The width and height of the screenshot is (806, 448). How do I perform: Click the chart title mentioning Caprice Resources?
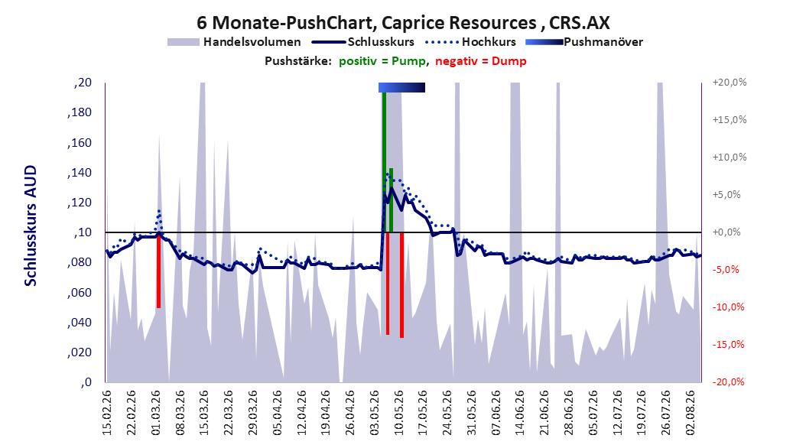click(x=403, y=23)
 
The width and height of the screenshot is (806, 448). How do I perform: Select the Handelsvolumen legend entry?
click(x=234, y=42)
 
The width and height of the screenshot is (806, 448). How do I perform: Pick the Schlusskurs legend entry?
click(x=363, y=42)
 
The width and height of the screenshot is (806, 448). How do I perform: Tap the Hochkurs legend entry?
click(x=470, y=42)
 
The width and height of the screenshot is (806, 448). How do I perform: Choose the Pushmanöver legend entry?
click(x=584, y=42)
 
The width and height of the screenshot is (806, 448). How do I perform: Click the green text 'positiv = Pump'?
click(x=382, y=61)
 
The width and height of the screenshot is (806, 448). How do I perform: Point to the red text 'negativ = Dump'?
click(x=481, y=61)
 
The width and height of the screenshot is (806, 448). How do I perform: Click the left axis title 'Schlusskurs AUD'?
click(x=31, y=226)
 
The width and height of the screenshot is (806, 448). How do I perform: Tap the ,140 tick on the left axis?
click(x=80, y=173)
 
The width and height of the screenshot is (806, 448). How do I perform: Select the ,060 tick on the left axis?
click(x=80, y=293)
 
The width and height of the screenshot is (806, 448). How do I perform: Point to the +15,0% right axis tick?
click(x=730, y=120)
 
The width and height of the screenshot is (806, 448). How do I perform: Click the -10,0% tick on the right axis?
click(x=728, y=307)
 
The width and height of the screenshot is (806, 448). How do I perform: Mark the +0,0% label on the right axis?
click(x=726, y=232)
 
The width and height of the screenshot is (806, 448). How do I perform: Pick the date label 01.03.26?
click(x=156, y=413)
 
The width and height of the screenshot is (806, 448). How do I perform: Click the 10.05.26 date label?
click(x=399, y=413)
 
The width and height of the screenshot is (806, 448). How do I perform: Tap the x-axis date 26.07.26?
click(x=665, y=413)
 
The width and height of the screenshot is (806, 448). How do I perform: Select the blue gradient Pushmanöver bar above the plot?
click(x=402, y=87)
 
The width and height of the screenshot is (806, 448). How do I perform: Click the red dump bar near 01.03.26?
click(x=159, y=270)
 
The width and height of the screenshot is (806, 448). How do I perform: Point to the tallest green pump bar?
click(x=384, y=162)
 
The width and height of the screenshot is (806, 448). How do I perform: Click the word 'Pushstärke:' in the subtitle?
click(x=298, y=61)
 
